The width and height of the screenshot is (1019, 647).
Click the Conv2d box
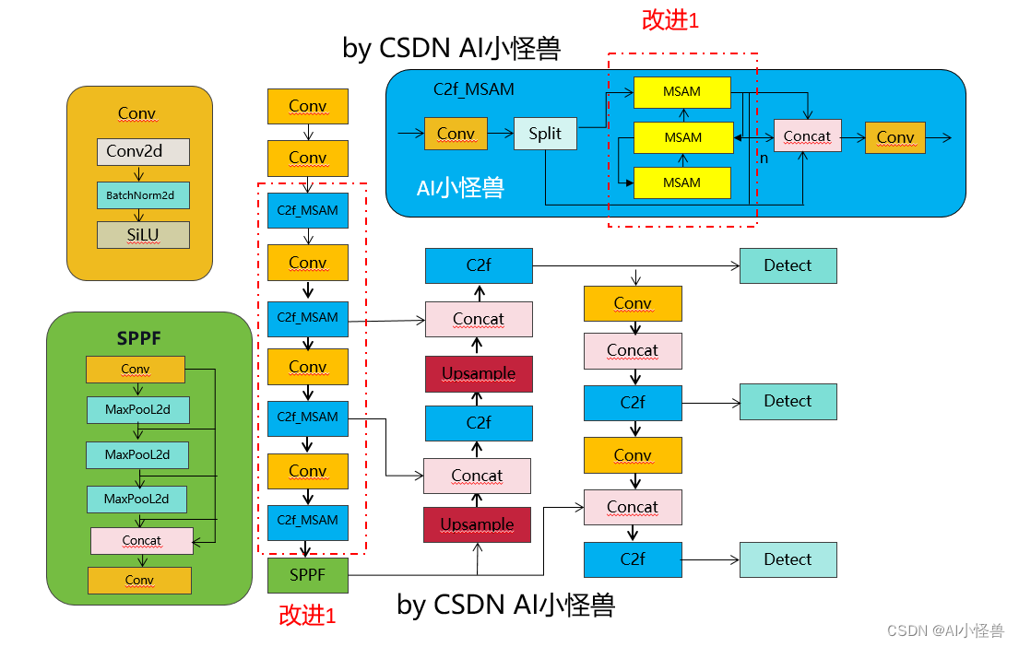(143, 151)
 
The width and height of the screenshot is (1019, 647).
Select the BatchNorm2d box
(143, 194)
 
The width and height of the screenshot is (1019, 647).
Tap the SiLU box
(143, 234)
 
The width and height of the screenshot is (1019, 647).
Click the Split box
(545, 133)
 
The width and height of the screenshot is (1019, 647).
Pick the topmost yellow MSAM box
(681, 92)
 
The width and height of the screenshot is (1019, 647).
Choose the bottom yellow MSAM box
(681, 182)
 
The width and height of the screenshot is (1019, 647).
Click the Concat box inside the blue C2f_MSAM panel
(807, 135)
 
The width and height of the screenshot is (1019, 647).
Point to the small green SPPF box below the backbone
(307, 575)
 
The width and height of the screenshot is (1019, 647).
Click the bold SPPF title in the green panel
(138, 338)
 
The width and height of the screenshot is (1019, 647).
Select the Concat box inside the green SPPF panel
(142, 540)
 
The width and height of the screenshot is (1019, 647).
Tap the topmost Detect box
(788, 265)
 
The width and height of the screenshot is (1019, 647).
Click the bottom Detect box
(788, 559)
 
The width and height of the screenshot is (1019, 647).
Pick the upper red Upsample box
(479, 373)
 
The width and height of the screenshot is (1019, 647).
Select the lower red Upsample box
(477, 524)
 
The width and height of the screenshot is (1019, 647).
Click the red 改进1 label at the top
(670, 20)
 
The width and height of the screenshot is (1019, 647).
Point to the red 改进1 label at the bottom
(307, 615)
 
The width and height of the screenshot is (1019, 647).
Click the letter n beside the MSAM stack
(764, 159)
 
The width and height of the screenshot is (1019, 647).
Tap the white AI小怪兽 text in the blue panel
(460, 188)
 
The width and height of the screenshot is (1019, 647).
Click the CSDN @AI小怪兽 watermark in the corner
(945, 630)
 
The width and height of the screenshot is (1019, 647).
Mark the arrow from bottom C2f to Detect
(711, 560)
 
